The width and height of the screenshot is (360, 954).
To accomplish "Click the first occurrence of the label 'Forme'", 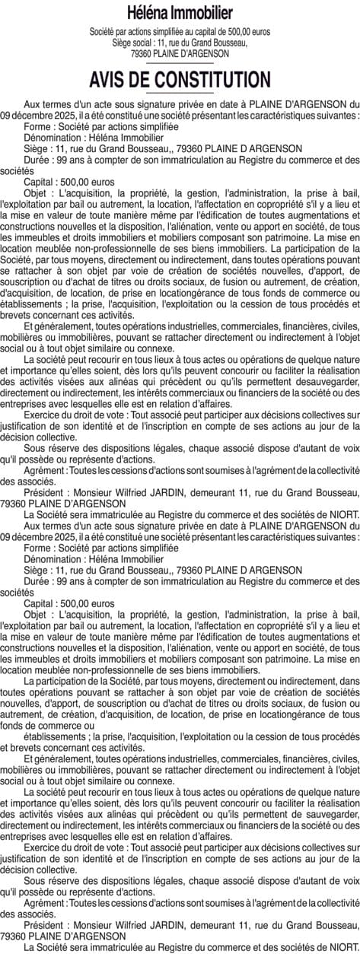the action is [37, 126].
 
